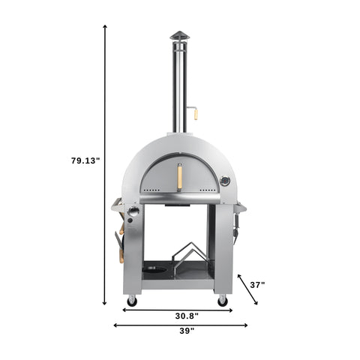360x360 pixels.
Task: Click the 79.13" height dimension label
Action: (x=85, y=160)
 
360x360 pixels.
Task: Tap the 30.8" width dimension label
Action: (x=178, y=316)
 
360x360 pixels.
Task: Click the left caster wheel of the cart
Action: (x=133, y=301)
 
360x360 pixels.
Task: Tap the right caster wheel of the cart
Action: (x=222, y=301)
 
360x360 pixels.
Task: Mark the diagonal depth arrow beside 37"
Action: (x=248, y=289)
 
